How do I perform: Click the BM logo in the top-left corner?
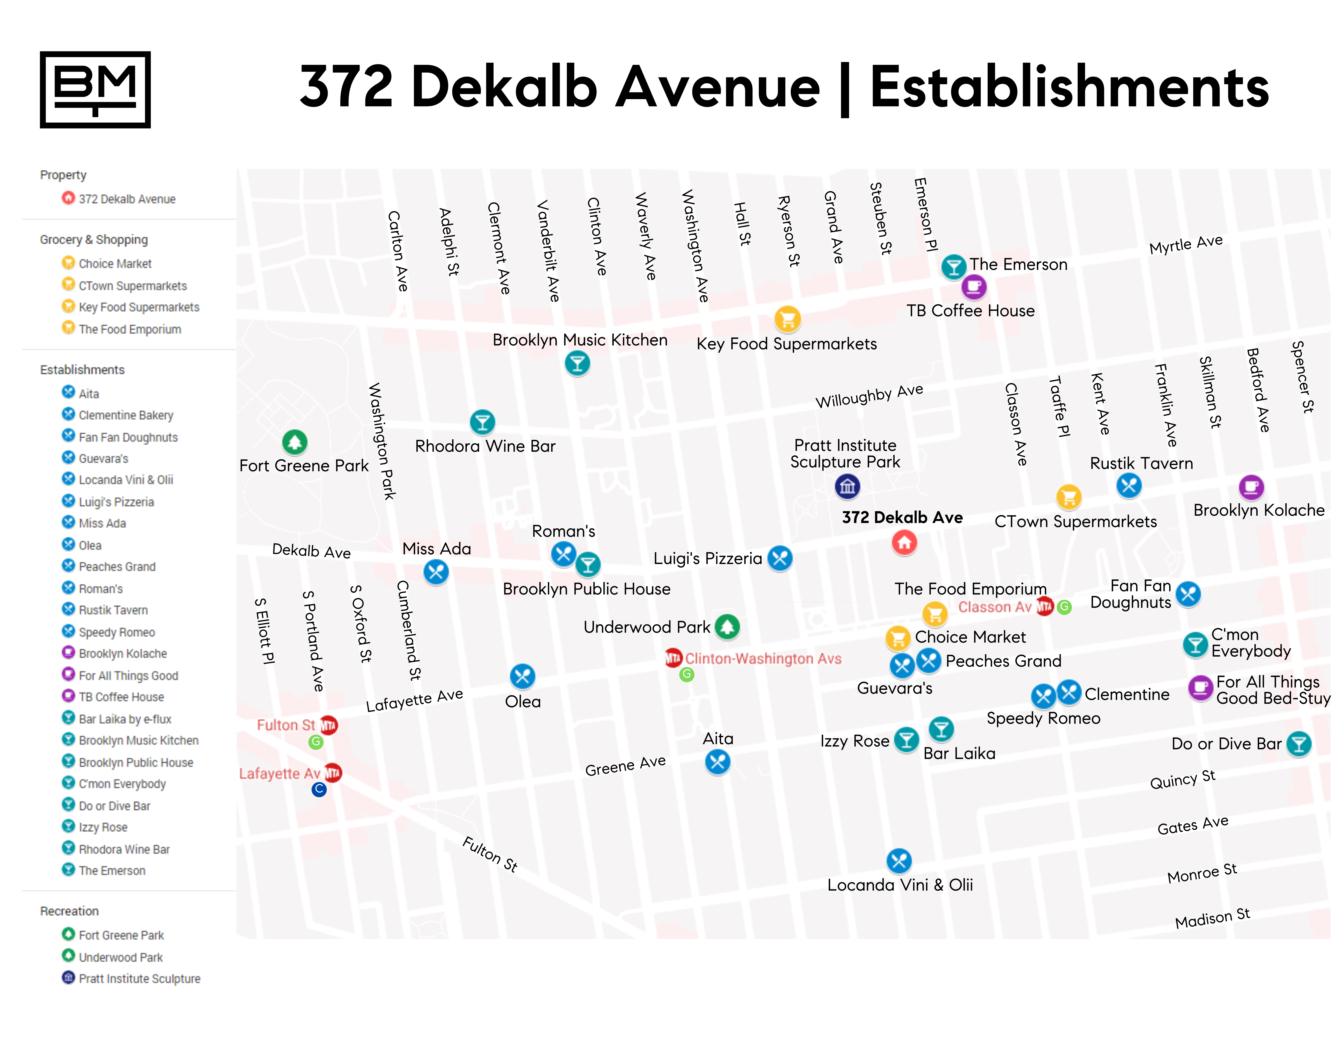click(x=95, y=90)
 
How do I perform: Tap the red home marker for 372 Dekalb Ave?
click(x=904, y=543)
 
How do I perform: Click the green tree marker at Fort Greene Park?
click(x=295, y=442)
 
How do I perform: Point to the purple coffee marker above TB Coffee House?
click(x=974, y=286)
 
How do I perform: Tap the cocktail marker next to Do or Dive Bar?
click(x=1299, y=744)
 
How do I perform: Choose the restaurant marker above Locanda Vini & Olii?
click(x=899, y=861)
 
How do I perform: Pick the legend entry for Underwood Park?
click(x=120, y=957)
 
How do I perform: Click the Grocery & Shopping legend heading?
click(x=94, y=240)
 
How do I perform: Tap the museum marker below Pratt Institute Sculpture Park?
click(x=847, y=487)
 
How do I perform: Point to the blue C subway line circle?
click(x=319, y=789)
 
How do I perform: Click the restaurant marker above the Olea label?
click(x=522, y=676)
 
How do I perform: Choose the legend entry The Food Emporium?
click(x=130, y=329)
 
